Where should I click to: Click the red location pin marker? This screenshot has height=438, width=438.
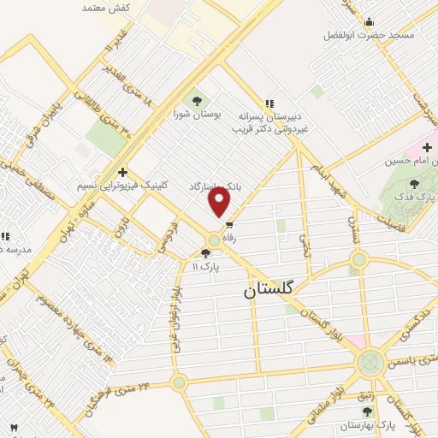pos(220,203)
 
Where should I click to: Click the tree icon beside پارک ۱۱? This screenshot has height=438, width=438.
pos(204,252)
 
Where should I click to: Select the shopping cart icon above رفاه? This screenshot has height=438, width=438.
pos(229,225)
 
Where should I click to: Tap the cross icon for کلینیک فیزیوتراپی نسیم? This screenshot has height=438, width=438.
pos(123,171)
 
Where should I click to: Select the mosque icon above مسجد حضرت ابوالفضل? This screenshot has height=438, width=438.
pos(369,21)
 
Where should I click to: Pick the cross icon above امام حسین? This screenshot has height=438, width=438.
pos(427,147)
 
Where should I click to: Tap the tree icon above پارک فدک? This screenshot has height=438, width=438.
pos(415,184)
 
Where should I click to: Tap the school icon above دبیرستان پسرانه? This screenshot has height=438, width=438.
pos(270,104)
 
